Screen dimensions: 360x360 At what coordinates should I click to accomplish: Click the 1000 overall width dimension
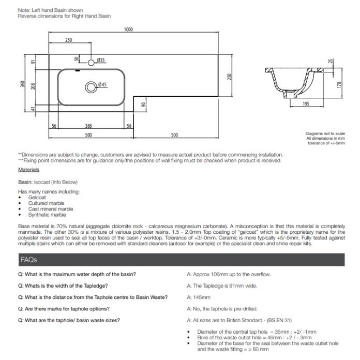point(128,29)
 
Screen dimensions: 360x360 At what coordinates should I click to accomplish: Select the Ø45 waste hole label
point(102,84)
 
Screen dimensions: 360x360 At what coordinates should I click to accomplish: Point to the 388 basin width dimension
point(89,126)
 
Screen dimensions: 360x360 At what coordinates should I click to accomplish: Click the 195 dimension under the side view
point(306,104)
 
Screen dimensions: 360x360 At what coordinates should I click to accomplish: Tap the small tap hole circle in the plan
point(92,63)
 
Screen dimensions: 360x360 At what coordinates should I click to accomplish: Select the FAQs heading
point(28,260)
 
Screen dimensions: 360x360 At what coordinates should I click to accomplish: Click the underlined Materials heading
point(28,170)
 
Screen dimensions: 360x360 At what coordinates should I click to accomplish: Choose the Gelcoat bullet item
point(37,198)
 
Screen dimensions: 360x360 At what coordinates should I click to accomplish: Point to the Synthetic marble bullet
point(47,215)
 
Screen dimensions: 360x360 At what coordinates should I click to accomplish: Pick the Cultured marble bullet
point(46,203)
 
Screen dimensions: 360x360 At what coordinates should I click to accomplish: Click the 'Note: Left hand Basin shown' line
point(50,10)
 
